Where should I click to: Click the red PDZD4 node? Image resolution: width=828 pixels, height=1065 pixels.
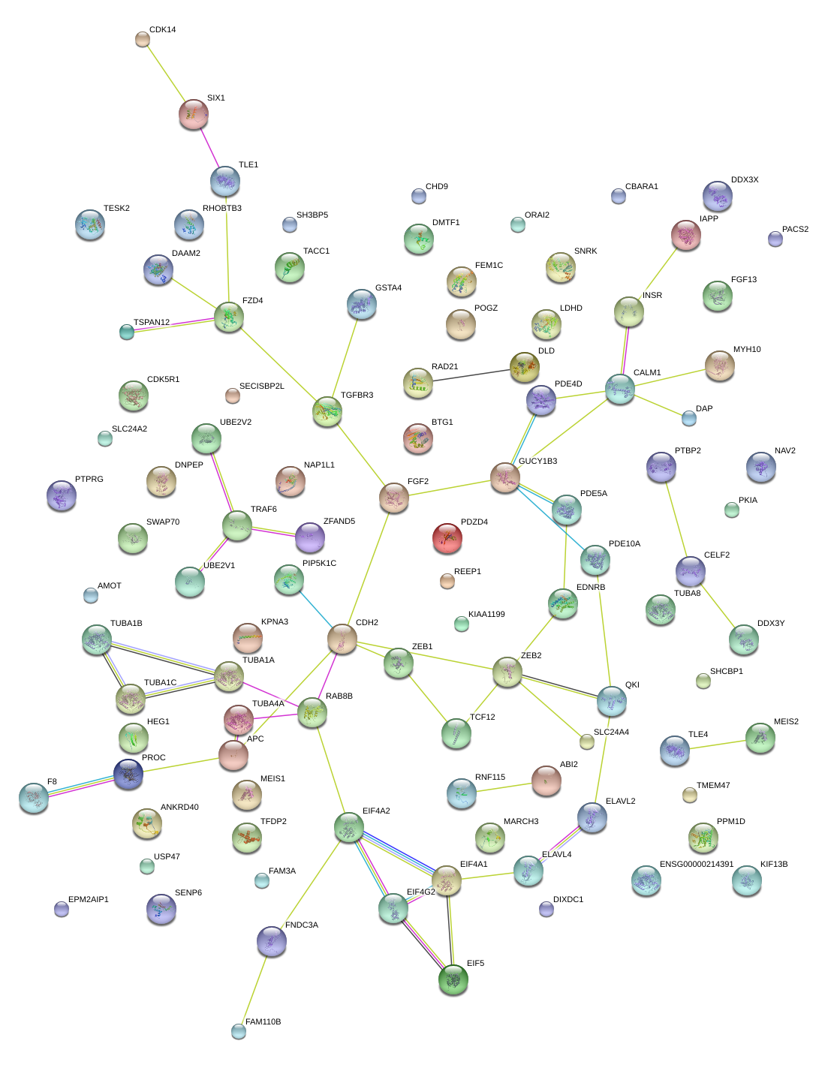click(x=447, y=537)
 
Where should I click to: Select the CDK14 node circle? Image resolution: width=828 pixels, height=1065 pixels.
click(x=142, y=39)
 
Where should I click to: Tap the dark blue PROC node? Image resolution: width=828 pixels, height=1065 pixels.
click(x=128, y=774)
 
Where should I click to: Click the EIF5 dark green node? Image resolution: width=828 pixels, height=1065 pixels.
click(x=453, y=979)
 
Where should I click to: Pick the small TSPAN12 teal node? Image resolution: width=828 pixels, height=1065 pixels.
click(x=126, y=332)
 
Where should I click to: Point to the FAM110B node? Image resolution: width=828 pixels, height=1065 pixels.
click(x=238, y=1031)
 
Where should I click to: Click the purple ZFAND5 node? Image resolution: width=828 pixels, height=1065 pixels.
click(x=310, y=537)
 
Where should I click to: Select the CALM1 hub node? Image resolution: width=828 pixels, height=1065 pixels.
click(x=620, y=389)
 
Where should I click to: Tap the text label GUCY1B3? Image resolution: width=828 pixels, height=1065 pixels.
click(x=537, y=461)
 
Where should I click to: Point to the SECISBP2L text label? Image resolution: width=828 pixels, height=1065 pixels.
click(x=262, y=386)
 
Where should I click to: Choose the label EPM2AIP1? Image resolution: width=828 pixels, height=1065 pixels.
click(x=89, y=899)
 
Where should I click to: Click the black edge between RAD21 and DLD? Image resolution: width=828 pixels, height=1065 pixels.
click(x=471, y=375)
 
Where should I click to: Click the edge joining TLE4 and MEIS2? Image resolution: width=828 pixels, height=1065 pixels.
click(x=717, y=744)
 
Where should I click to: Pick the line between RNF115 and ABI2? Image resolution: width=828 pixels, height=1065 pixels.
click(x=504, y=787)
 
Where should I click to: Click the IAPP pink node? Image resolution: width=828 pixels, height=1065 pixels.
click(x=686, y=235)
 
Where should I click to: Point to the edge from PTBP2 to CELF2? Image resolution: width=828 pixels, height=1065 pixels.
click(x=676, y=519)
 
